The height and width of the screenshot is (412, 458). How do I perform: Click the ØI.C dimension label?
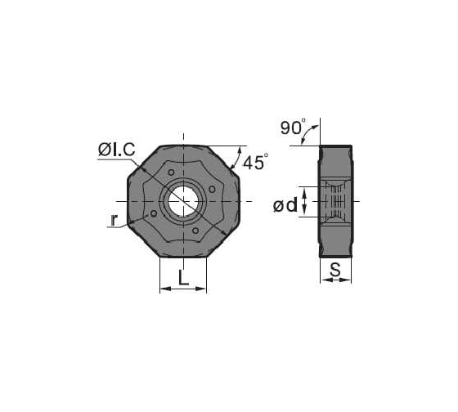(117, 150)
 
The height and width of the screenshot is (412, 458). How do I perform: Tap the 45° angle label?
(255, 163)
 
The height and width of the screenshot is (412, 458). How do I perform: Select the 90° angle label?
(292, 127)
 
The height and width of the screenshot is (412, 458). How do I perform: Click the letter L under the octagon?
(183, 278)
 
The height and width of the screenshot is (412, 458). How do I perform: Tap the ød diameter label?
(285, 206)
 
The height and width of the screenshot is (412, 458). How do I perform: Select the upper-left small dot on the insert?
(170, 172)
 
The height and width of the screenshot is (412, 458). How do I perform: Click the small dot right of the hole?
(212, 190)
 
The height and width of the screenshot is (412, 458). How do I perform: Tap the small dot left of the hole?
(154, 213)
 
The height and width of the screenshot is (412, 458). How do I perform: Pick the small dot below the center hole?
(194, 230)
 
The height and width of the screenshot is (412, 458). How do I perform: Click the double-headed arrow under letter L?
(183, 289)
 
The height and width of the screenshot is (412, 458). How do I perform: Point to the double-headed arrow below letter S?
(335, 280)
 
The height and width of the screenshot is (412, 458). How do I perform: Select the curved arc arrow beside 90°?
(309, 134)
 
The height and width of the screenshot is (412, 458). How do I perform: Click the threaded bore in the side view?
(335, 200)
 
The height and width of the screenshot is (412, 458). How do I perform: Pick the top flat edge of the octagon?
(183, 146)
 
